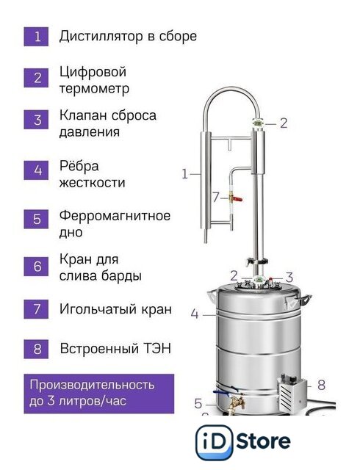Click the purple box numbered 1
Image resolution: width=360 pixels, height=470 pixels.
pyautogui.click(x=36, y=37)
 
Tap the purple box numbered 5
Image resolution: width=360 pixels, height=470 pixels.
pyautogui.click(x=36, y=219)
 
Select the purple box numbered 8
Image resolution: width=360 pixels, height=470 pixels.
pyautogui.click(x=36, y=350)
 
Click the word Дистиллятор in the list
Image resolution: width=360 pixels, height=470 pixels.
pyautogui.click(x=101, y=37)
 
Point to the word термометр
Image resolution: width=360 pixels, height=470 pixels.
pyautogui.click(x=94, y=89)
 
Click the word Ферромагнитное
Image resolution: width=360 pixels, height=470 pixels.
pyautogui.click(x=115, y=216)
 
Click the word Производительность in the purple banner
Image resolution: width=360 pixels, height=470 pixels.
pyautogui.click(x=92, y=385)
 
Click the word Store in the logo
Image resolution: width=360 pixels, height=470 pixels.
pyautogui.click(x=264, y=441)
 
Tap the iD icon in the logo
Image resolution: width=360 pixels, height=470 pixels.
pyautogui.click(x=215, y=442)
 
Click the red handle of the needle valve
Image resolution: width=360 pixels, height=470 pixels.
pyautogui.click(x=237, y=198)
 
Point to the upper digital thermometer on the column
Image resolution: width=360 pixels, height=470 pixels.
pyautogui.click(x=258, y=123)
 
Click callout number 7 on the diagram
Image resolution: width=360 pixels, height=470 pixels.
pyautogui.click(x=216, y=198)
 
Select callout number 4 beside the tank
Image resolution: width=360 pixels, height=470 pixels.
pyautogui.click(x=195, y=314)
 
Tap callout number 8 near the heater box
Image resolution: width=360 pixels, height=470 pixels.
pyautogui.click(x=321, y=385)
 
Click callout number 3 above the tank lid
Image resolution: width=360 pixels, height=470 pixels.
pyautogui.click(x=289, y=278)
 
